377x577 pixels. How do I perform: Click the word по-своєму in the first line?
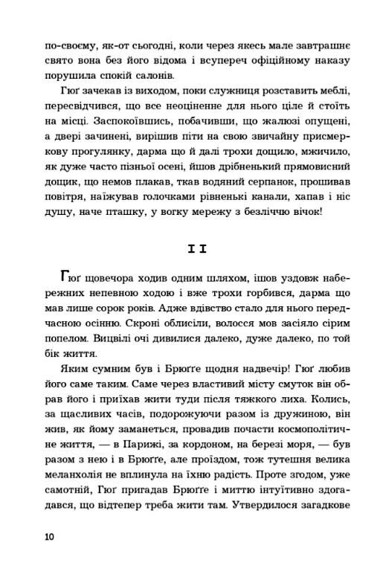pyautogui.click(x=71, y=44)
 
